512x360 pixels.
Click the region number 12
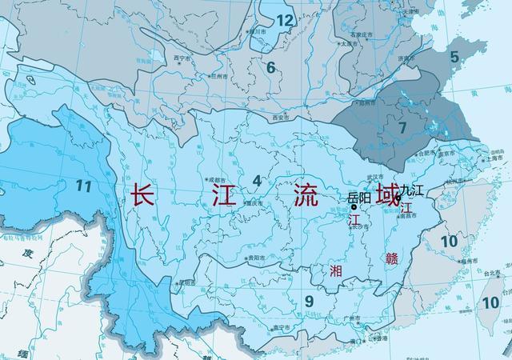(x=284, y=20)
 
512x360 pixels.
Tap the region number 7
(x=402, y=126)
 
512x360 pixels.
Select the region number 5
(x=454, y=57)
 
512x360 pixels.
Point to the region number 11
(x=82, y=186)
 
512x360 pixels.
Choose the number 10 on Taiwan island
(x=490, y=302)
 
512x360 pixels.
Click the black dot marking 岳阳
(x=354, y=206)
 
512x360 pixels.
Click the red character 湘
(x=336, y=270)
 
